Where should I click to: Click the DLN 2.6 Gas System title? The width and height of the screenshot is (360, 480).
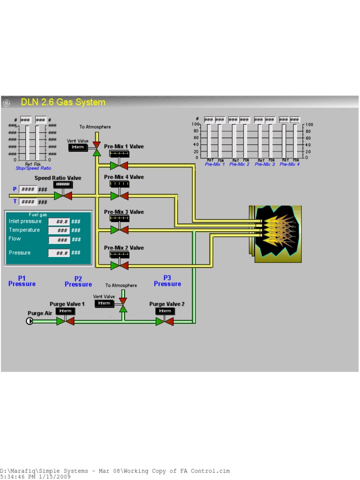(63, 102)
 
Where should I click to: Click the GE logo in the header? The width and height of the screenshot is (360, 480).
(6, 103)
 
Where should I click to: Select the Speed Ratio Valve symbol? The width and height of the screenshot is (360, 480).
(63, 195)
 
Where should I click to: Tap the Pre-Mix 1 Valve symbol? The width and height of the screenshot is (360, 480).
(119, 165)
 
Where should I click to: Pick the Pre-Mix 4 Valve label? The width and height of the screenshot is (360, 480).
(124, 177)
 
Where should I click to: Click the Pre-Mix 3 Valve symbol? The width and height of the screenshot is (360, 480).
(119, 230)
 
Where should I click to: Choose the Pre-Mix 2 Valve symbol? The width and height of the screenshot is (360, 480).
(119, 266)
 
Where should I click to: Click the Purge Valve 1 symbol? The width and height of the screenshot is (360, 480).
(65, 321)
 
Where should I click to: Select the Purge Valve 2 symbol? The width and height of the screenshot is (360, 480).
(165, 321)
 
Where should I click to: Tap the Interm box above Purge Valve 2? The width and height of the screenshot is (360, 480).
(165, 311)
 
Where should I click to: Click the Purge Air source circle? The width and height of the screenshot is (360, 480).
(30, 321)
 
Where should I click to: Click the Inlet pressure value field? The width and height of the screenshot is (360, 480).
(59, 222)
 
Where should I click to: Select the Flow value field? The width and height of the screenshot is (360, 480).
(59, 240)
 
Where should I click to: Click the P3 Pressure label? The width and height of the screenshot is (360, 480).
(167, 281)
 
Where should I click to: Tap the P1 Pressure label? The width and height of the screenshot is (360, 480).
(22, 281)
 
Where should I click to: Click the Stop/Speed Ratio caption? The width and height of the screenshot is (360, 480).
(33, 168)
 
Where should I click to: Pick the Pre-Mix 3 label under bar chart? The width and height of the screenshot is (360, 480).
(265, 165)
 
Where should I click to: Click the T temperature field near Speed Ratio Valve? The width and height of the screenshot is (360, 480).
(28, 202)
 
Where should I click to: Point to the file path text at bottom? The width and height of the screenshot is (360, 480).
(115, 471)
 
